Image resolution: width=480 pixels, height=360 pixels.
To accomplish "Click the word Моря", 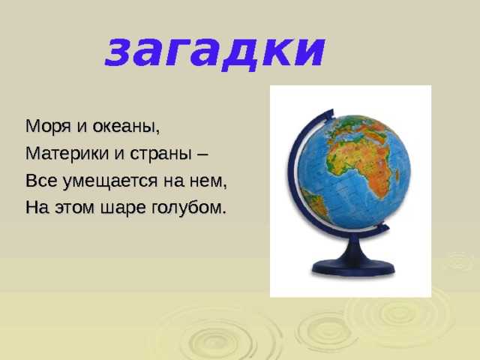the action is pos(48,127).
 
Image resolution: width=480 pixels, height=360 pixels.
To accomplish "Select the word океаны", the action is pos(126,127).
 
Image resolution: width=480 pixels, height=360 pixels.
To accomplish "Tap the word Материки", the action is pos(67,153).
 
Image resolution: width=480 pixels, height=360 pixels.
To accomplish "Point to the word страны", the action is pos(159,154).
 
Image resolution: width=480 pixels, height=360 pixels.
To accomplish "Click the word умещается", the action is pos(110,181).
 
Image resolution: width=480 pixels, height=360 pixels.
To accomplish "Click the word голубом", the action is pos(188,207).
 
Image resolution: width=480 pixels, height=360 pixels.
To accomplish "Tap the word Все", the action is pos(41,181).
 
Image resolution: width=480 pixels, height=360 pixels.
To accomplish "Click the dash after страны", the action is pos(201,154).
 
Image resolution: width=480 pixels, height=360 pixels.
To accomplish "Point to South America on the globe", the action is pos(315,202).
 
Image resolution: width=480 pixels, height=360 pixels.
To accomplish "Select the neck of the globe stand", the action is pos(354,248).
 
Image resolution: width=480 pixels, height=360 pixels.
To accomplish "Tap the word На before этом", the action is pos(37,208).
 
